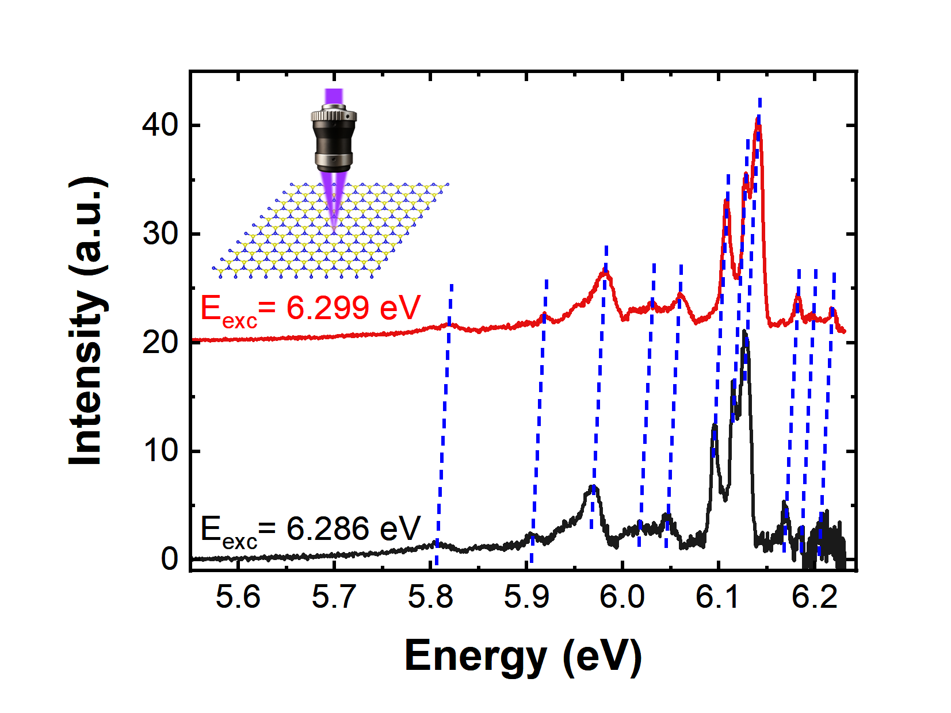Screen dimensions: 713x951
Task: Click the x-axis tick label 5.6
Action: coord(238,597)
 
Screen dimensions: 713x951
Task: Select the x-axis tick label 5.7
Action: coord(334,597)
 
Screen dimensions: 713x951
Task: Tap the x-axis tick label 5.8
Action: coord(430,597)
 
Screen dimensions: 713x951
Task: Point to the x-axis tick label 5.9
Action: coord(526,597)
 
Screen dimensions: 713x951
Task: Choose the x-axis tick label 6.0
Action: coord(622,597)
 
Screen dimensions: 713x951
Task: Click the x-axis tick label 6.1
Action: coord(718,597)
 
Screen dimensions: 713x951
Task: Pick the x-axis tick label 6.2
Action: coord(814,597)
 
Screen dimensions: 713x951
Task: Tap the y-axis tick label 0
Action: coord(170,559)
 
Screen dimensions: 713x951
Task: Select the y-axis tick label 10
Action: coord(161,451)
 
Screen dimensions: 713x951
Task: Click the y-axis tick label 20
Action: coord(161,343)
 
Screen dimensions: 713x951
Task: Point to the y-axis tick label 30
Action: coord(161,234)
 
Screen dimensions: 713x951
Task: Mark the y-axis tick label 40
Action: coord(161,125)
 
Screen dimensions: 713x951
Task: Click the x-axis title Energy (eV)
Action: coord(523,656)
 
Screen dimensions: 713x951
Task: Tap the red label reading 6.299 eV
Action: coord(311,309)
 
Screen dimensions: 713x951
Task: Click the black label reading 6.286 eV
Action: coord(311,530)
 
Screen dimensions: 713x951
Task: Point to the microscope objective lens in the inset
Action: coord(334,138)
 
